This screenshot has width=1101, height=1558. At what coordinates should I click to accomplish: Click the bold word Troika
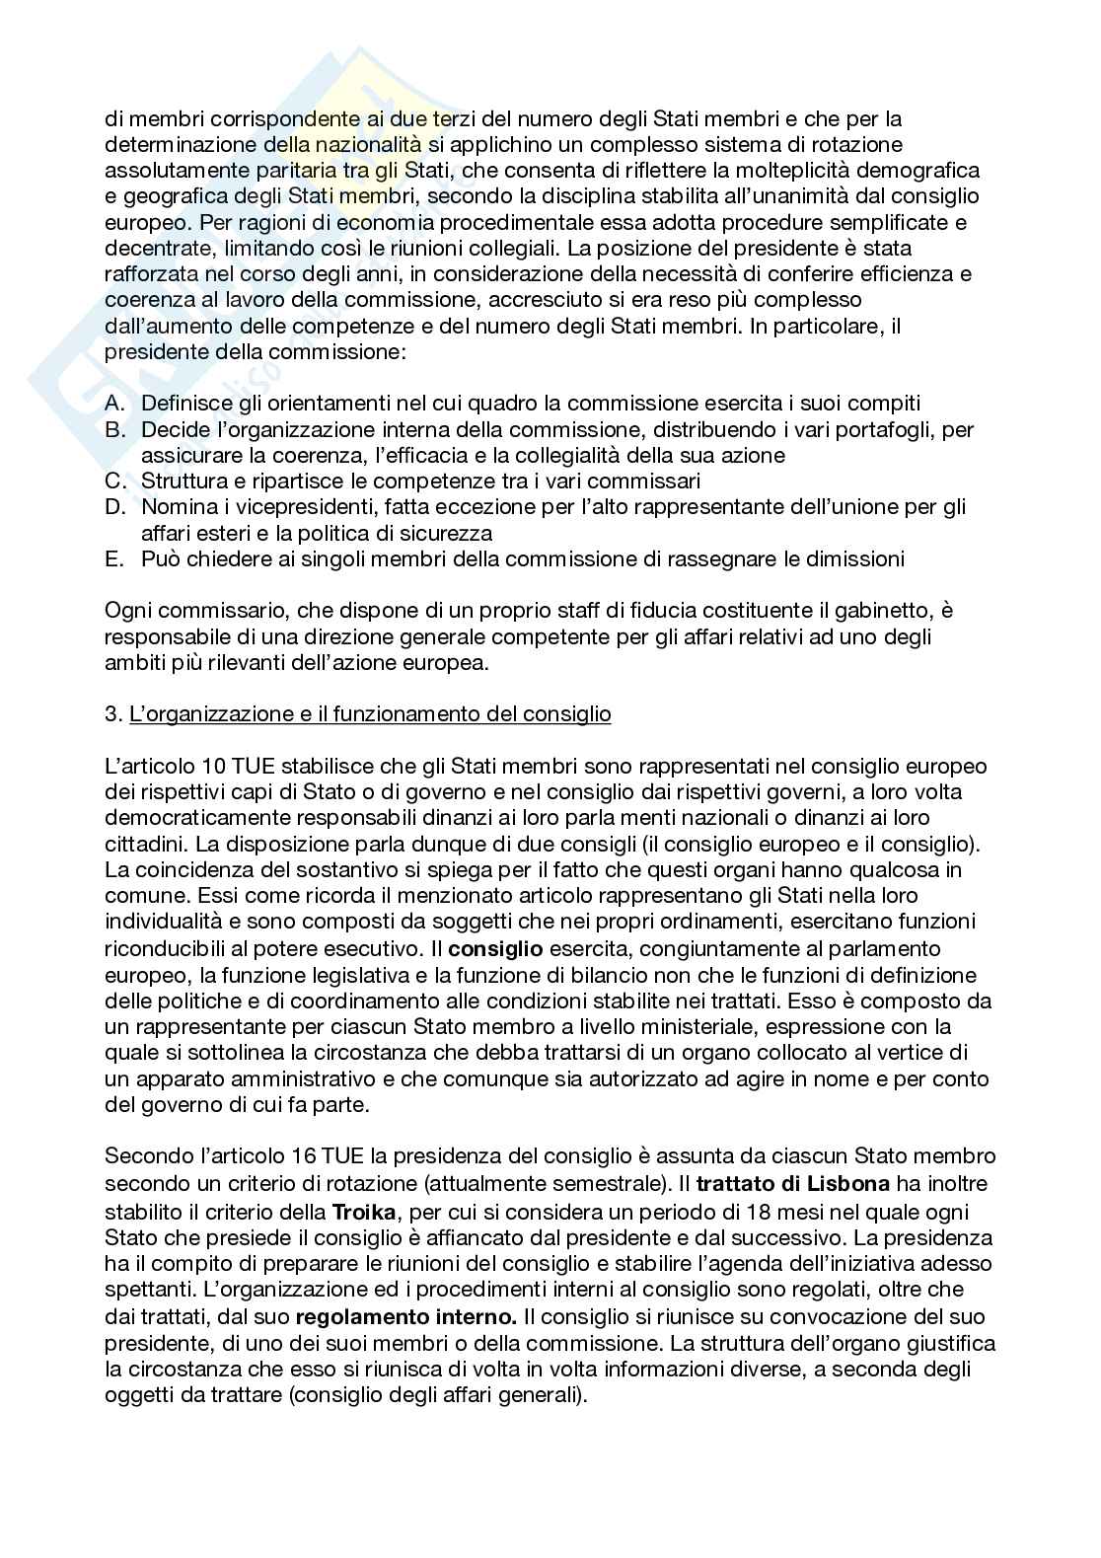[x=365, y=1211]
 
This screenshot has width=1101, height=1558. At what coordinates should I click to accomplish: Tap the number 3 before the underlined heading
[x=110, y=714]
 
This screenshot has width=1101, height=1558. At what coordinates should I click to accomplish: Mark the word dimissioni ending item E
[x=854, y=559]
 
